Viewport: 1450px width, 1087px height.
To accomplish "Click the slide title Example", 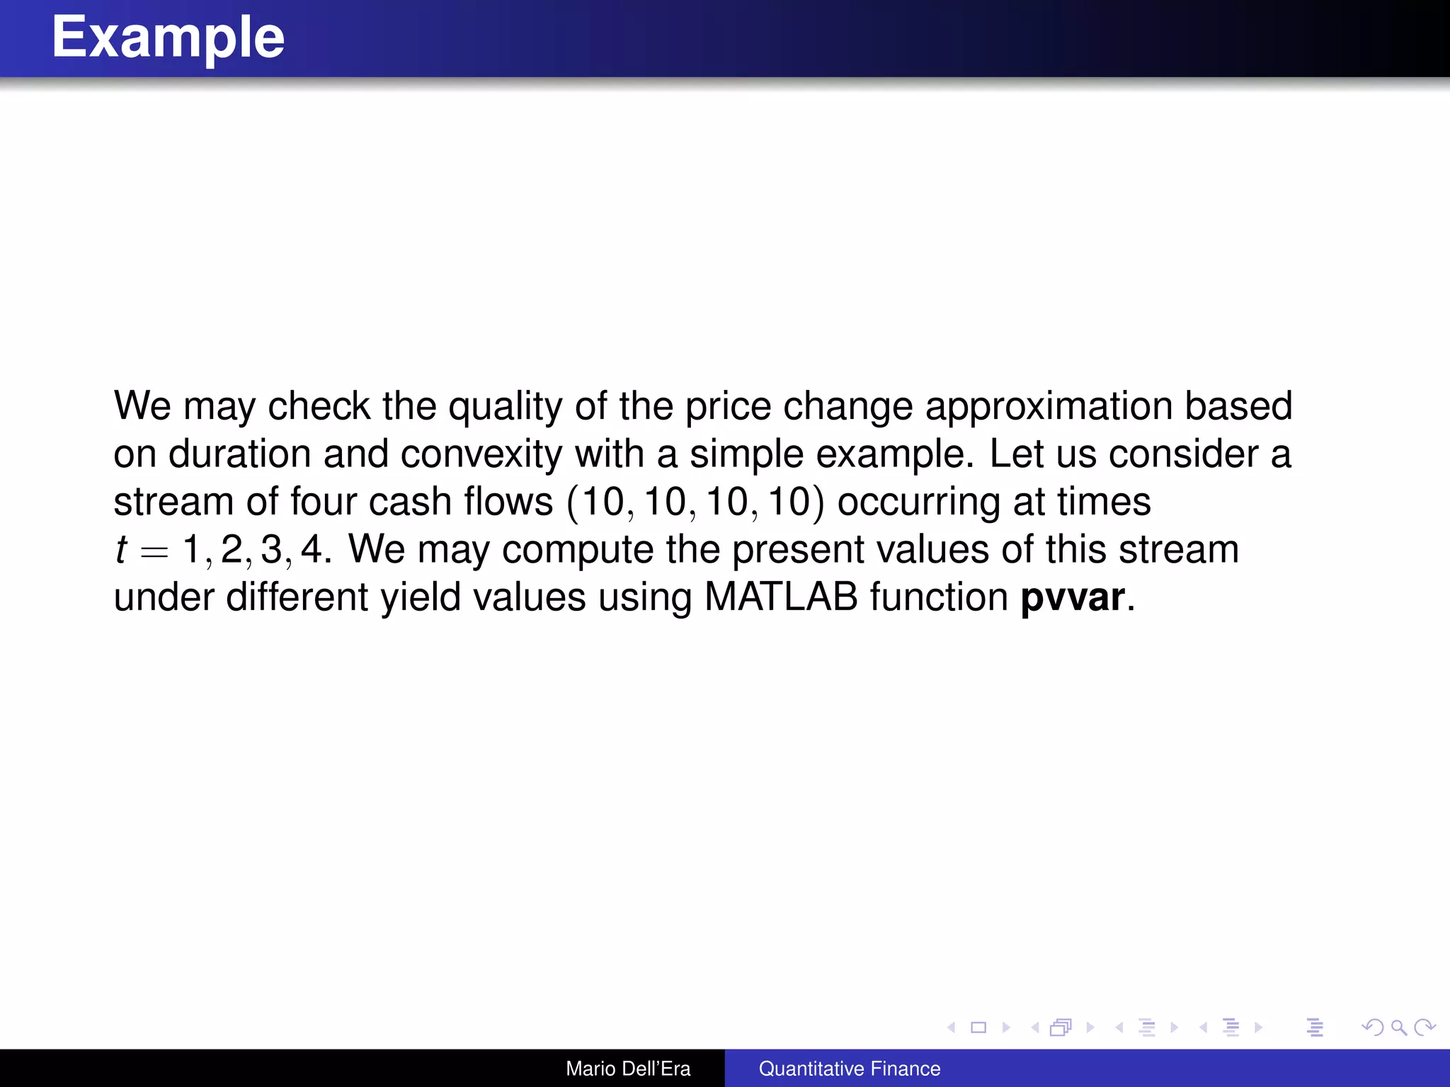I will pos(168,38).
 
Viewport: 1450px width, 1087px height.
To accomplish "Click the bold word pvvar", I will pos(1072,597).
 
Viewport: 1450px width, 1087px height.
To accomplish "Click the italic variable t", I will pos(121,550).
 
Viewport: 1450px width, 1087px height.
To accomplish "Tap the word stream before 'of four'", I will pos(173,502).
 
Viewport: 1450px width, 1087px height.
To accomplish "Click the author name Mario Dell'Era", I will pos(628,1069).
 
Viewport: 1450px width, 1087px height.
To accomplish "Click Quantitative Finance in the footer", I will pos(850,1069).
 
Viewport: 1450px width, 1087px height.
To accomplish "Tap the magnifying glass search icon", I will pos(1398,1028).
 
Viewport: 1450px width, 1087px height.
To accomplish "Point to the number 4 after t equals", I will pos(311,550).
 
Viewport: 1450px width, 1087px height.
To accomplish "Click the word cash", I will pos(410,502).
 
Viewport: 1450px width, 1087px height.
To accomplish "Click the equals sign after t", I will pos(154,551).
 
